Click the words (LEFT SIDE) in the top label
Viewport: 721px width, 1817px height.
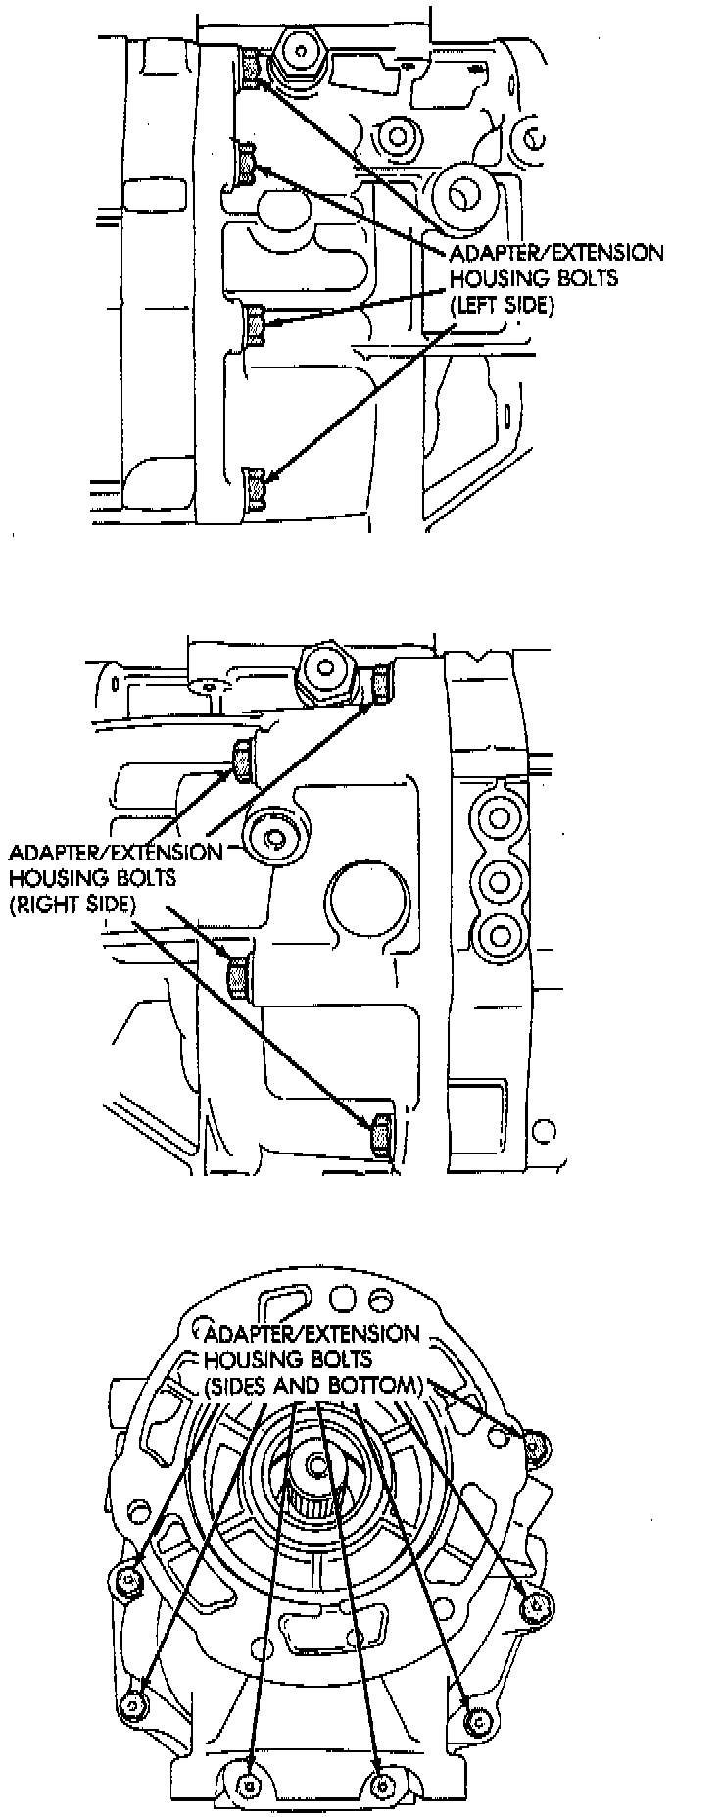pyautogui.click(x=502, y=305)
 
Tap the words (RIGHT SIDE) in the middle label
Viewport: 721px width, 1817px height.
pyautogui.click(x=72, y=904)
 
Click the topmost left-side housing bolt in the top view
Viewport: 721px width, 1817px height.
pyautogui.click(x=250, y=67)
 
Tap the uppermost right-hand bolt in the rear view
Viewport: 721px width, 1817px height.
pyautogui.click(x=532, y=1444)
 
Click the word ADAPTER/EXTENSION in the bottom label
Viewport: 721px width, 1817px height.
pyautogui.click(x=311, y=1334)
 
